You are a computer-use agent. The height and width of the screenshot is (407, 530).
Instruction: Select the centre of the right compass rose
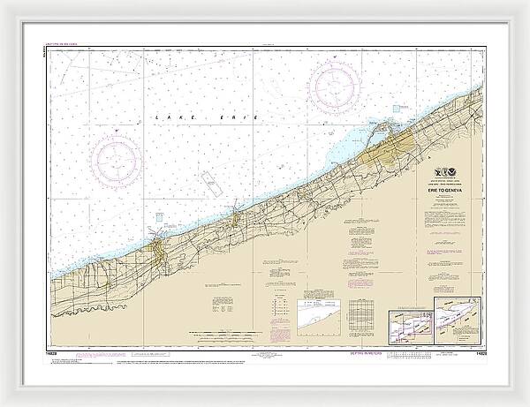[335, 85]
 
